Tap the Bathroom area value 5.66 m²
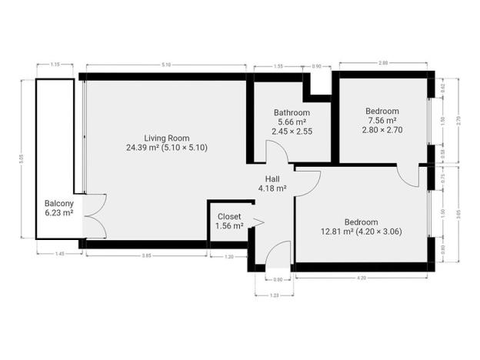pos(292,122)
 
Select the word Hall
pos(272,178)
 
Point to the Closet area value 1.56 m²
pos(230,226)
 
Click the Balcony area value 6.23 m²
pos(58,213)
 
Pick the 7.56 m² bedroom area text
pos(382,120)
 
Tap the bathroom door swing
pos(282,155)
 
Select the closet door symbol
pos(257,223)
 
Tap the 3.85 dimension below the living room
pos(145,255)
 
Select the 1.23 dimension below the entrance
pos(274,295)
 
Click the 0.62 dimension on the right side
pos(442,89)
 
